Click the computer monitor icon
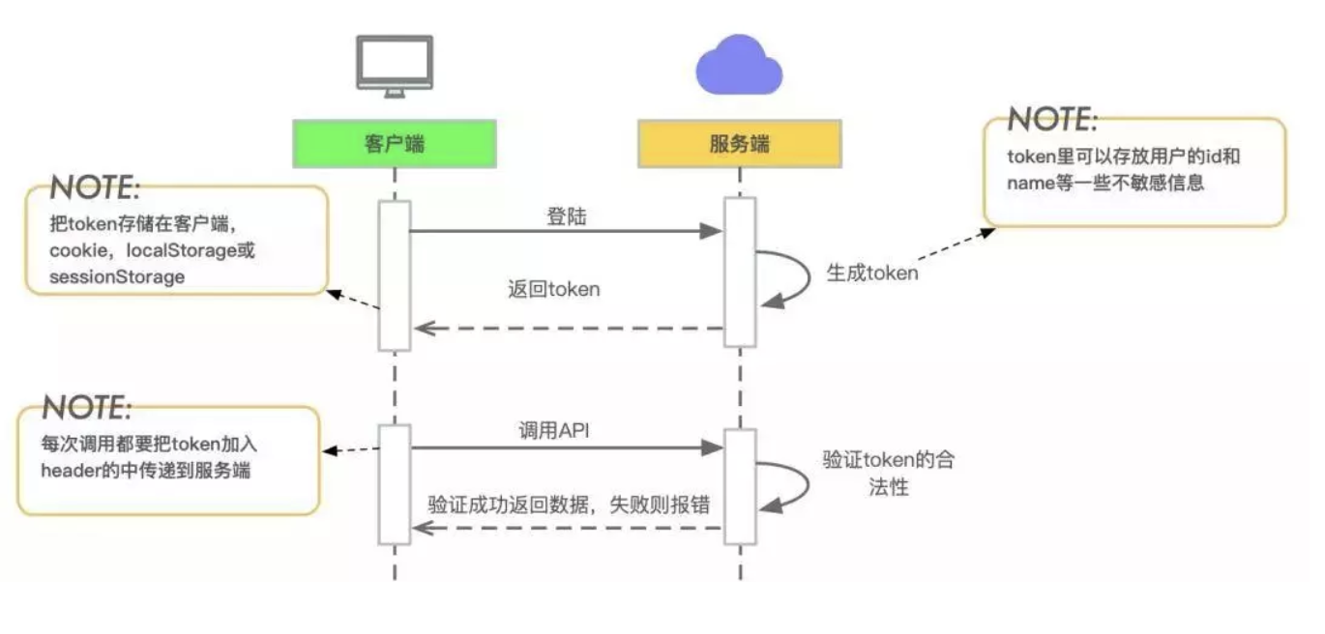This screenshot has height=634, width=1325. [x=394, y=66]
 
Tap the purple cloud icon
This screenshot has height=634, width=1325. [x=740, y=65]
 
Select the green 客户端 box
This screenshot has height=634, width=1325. [x=395, y=144]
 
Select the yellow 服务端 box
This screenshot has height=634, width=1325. [x=740, y=144]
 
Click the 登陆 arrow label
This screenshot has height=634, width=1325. [x=567, y=216]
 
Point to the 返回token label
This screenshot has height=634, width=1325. [x=554, y=288]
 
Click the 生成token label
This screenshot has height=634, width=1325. [x=871, y=273]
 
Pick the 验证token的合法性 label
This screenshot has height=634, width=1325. [x=888, y=473]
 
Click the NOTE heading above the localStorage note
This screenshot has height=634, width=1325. [x=95, y=187]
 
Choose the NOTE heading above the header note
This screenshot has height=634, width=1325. [x=85, y=407]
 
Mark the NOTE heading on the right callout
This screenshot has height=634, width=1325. [x=1052, y=120]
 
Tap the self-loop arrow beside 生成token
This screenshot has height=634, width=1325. [x=785, y=277]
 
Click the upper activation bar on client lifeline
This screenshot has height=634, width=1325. [x=395, y=275]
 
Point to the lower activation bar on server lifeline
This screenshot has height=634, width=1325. [x=740, y=487]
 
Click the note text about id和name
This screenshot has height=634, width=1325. [x=1122, y=170]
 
